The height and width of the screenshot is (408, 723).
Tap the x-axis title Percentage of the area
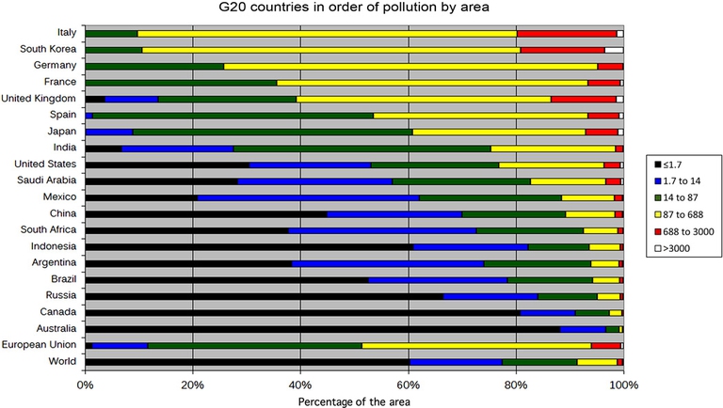tap(354, 400)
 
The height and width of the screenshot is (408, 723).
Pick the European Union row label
tap(43, 345)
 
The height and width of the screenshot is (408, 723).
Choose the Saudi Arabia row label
tap(51, 180)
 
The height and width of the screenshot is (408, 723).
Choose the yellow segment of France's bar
tap(432, 83)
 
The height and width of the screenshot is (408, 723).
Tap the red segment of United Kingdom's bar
tap(584, 99)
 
